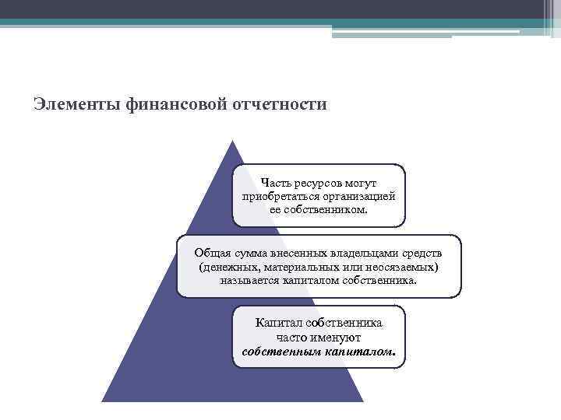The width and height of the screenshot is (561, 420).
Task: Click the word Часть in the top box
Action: [x=277, y=183]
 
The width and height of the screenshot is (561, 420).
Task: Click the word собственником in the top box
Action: [x=319, y=209]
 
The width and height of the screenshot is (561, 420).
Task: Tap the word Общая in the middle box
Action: [x=213, y=254]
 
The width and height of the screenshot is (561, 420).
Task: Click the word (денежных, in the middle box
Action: [x=231, y=267]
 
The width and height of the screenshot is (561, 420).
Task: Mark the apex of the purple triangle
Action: [x=232, y=141]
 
